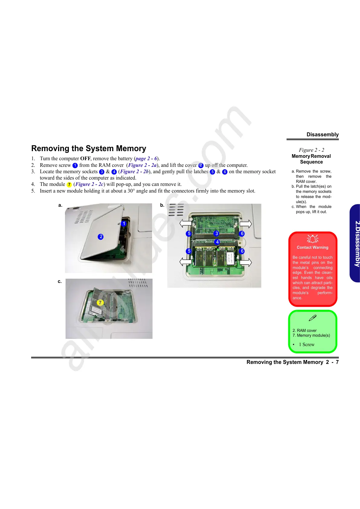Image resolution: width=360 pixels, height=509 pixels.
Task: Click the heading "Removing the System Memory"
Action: click(x=89, y=148)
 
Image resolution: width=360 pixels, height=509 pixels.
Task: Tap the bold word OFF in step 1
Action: click(x=85, y=158)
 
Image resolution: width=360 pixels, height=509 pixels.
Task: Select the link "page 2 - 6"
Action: click(x=146, y=158)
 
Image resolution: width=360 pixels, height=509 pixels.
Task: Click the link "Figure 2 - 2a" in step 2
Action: click(x=142, y=165)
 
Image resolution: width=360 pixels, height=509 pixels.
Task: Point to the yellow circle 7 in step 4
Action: click(x=69, y=184)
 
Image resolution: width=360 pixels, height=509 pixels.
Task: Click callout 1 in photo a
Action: click(x=124, y=224)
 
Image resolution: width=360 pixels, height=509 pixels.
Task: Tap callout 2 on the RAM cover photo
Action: click(x=101, y=237)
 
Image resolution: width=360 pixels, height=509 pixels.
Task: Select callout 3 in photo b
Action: click(x=216, y=233)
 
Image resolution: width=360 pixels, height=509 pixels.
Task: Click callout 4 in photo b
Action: click(x=217, y=242)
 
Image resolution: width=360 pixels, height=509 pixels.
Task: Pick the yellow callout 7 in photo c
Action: click(x=100, y=303)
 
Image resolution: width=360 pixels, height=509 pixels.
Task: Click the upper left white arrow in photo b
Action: click(x=185, y=224)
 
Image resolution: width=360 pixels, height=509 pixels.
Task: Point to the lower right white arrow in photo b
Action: click(x=246, y=262)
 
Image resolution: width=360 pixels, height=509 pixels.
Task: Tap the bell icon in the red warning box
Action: click(x=313, y=239)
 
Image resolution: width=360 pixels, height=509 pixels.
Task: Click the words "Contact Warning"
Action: click(x=313, y=247)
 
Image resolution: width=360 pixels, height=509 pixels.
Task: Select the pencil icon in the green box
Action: click(x=313, y=318)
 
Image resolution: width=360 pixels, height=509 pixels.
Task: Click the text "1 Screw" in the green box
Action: click(x=306, y=345)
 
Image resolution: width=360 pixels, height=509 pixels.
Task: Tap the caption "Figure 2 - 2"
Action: click(x=311, y=150)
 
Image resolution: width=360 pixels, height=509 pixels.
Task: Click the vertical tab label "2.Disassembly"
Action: click(x=357, y=244)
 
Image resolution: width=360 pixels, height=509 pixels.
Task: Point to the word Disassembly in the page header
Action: click(x=323, y=135)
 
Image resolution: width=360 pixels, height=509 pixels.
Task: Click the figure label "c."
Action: click(x=60, y=281)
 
